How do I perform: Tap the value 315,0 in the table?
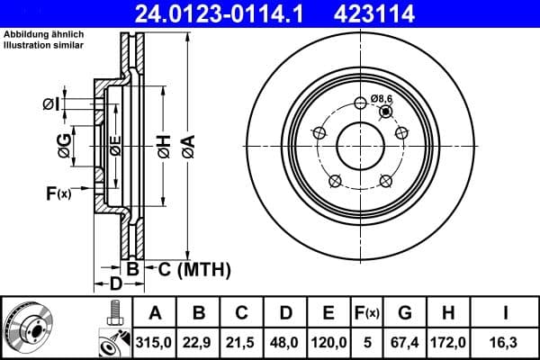(x=155, y=341)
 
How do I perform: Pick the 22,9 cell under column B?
(x=199, y=341)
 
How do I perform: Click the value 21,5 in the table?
(x=242, y=341)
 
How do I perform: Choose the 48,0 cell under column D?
(x=285, y=341)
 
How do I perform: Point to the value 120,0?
(x=328, y=341)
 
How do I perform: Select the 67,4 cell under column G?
(x=405, y=341)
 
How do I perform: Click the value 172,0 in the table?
(x=447, y=341)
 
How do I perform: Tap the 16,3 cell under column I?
(x=505, y=341)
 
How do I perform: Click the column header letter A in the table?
(x=155, y=313)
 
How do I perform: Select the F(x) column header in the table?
(x=367, y=313)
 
